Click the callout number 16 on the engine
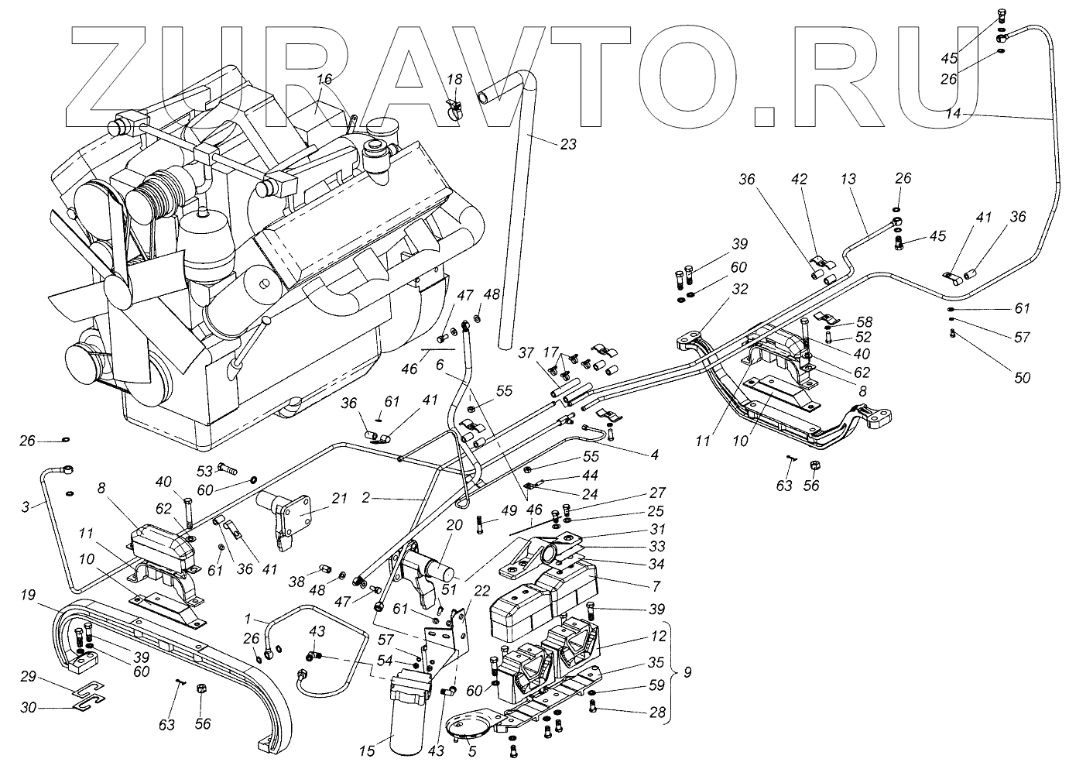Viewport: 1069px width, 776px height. pos(324,79)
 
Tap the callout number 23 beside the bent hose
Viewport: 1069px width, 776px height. pos(568,143)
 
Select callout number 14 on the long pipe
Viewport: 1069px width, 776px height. pos(954,113)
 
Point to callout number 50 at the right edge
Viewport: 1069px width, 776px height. pos(1022,378)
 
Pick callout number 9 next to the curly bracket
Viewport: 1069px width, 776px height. pos(686,673)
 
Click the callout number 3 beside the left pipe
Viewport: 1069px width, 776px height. pos(26,506)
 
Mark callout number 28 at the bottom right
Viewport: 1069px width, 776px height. pos(659,712)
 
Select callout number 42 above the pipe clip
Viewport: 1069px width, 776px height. pos(800,179)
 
